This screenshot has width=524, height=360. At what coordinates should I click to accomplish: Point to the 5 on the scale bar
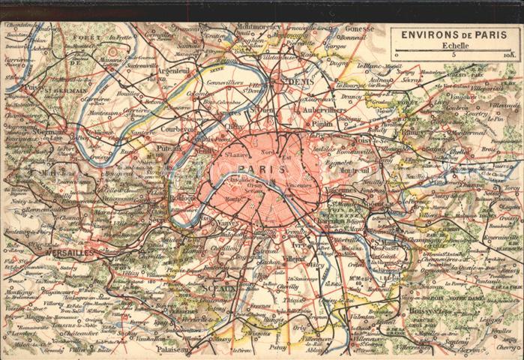453,55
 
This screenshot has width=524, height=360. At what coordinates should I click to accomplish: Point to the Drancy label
351,97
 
